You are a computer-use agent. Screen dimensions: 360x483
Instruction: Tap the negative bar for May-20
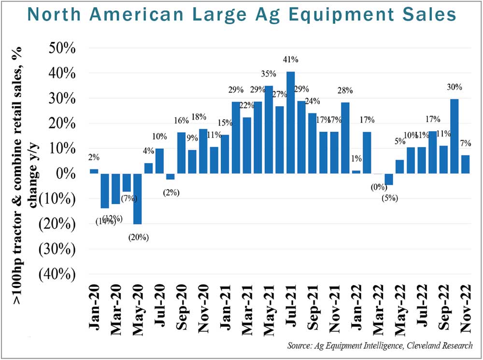(138, 198)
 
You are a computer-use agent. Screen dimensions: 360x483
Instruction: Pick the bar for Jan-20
(94, 171)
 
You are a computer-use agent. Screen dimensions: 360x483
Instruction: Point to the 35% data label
(269, 74)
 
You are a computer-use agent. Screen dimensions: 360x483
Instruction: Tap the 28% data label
(345, 90)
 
